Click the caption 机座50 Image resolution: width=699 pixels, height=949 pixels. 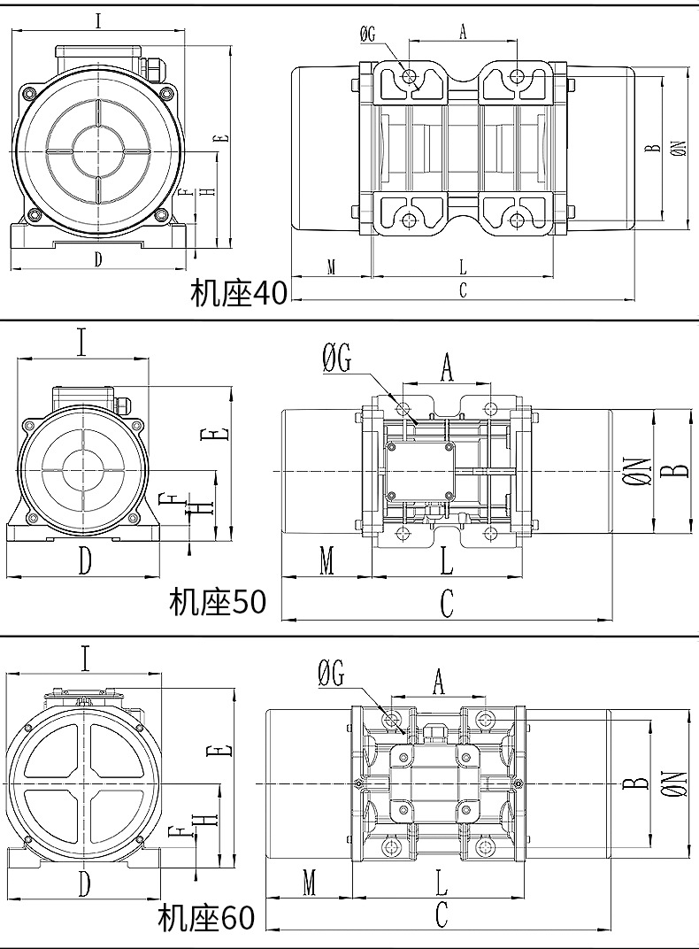tap(218, 603)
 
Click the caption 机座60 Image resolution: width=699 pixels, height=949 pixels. tap(206, 919)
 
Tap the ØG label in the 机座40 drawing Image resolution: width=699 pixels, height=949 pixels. tap(368, 35)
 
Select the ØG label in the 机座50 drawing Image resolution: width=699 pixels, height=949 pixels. tap(337, 359)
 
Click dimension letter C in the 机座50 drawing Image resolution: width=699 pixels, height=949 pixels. tap(447, 604)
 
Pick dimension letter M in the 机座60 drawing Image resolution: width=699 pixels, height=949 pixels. tap(310, 882)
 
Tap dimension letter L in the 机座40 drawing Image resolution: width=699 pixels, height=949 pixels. tap(463, 266)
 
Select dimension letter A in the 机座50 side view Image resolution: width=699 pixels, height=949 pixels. tap(447, 366)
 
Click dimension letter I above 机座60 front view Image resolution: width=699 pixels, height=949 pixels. tap(85, 659)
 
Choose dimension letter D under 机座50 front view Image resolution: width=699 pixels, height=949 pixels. tap(84, 560)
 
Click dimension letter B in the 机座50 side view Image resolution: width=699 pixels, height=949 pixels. tap(679, 466)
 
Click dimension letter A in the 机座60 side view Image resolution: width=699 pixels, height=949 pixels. tap(437, 682)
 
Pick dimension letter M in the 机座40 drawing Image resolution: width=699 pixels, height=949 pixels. tap(331, 266)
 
